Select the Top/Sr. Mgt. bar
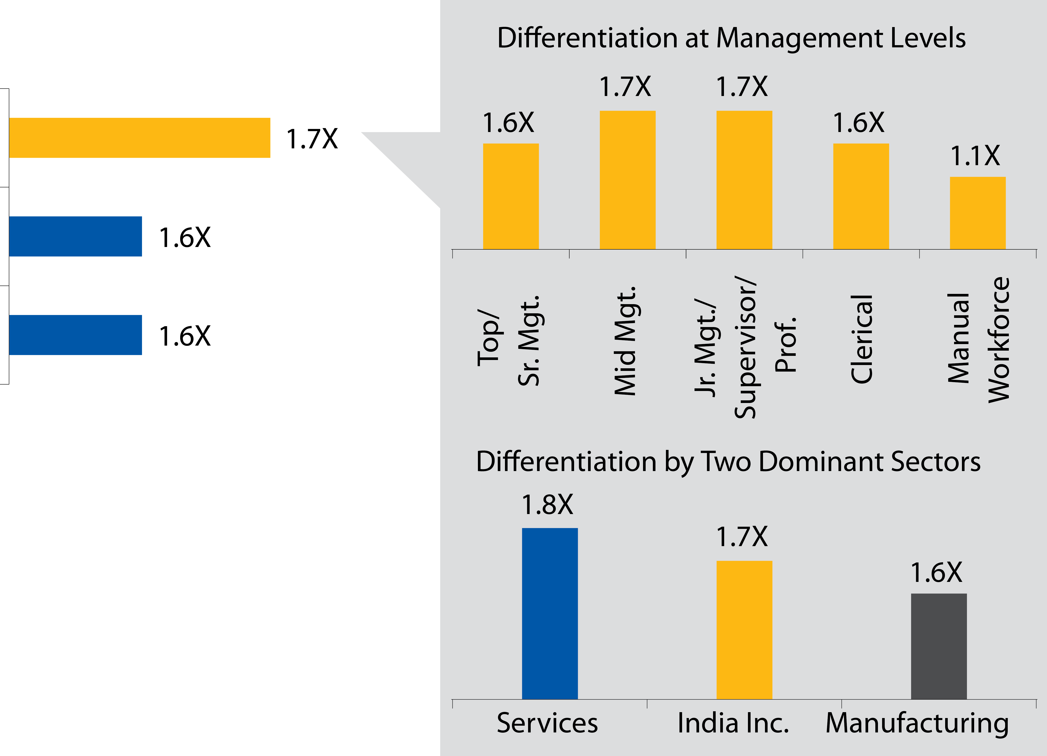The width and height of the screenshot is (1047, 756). click(511, 196)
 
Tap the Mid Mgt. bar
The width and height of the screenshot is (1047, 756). click(627, 180)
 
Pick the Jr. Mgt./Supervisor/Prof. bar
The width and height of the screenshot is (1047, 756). click(744, 180)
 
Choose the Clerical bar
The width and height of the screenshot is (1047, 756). click(861, 196)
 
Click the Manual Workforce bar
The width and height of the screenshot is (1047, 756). click(977, 213)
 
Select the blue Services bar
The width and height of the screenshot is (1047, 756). click(549, 613)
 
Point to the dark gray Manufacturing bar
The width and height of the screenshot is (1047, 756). click(939, 646)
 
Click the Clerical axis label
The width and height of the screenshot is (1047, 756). click(861, 339)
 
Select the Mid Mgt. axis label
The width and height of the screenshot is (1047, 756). click(626, 341)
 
